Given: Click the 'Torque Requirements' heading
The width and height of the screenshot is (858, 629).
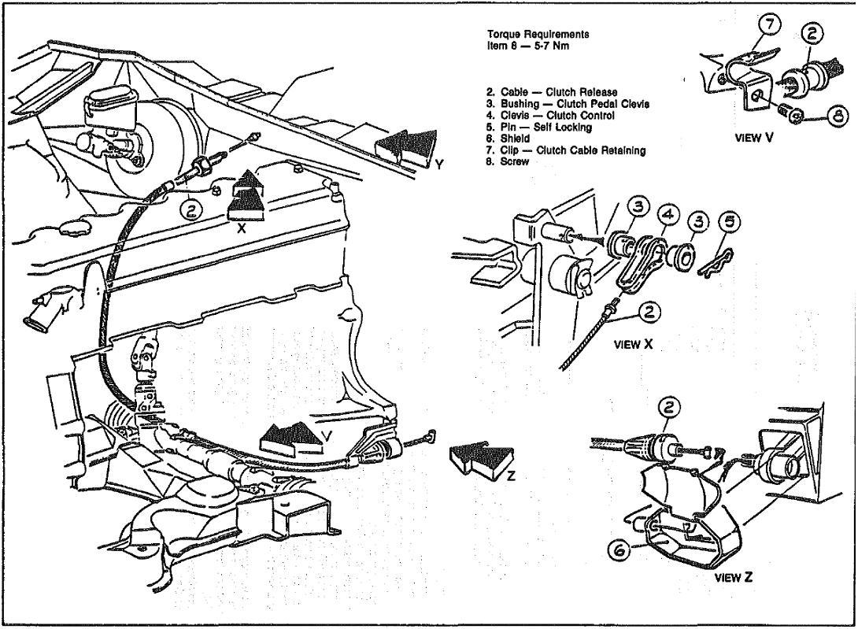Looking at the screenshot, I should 538,35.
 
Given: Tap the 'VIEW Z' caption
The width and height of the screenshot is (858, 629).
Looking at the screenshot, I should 732,576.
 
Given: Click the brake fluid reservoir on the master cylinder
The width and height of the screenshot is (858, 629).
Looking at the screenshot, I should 110,102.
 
